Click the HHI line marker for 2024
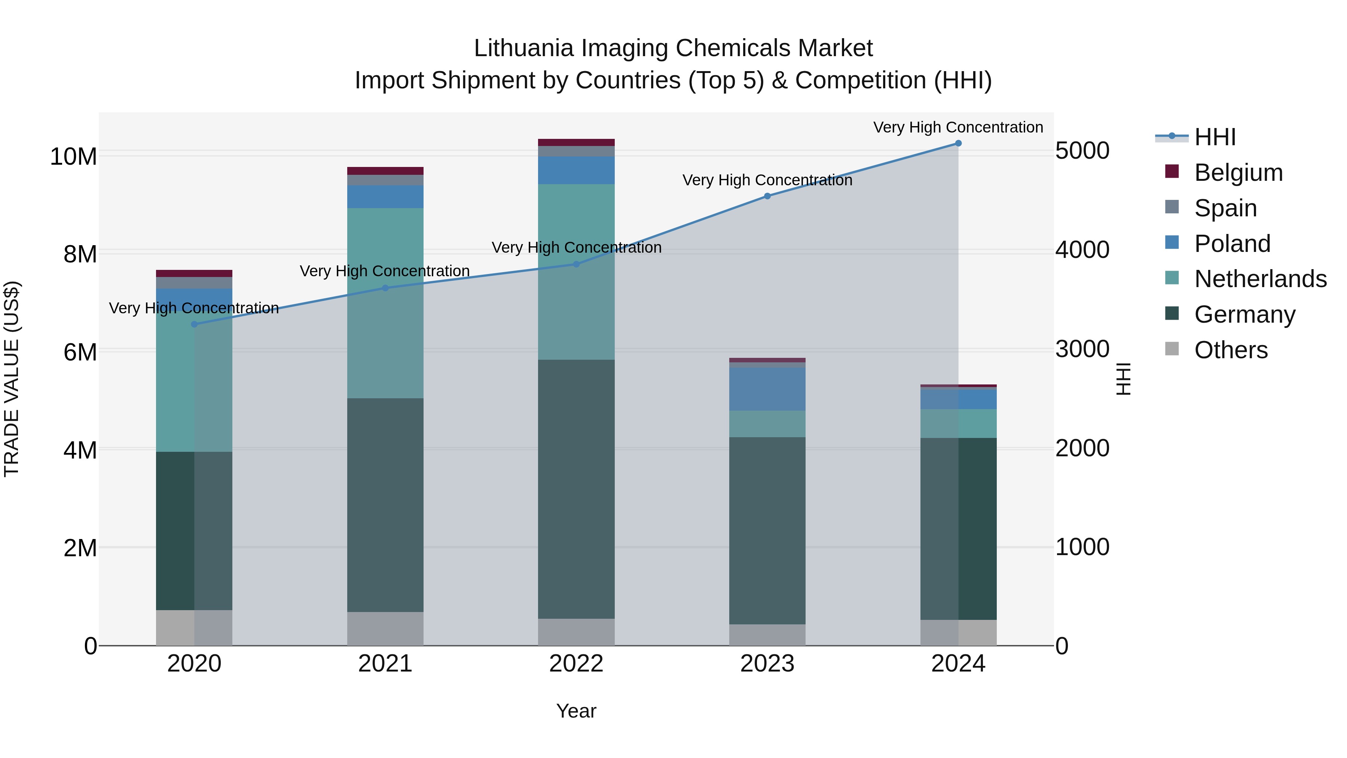pyautogui.click(x=958, y=143)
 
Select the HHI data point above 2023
pyautogui.click(x=767, y=196)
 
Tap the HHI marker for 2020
pyautogui.click(x=195, y=324)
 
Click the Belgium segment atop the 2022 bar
pyautogui.click(x=576, y=142)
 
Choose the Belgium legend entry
pyautogui.click(x=1238, y=173)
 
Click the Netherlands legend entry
pyautogui.click(x=1260, y=279)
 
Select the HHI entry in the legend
pyautogui.click(x=1215, y=137)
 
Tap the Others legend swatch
pyautogui.click(x=1172, y=349)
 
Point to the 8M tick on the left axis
pyautogui.click(x=80, y=254)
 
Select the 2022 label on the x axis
pyautogui.click(x=576, y=664)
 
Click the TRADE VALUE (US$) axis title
pyautogui.click(x=12, y=379)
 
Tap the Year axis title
pyautogui.click(x=576, y=711)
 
